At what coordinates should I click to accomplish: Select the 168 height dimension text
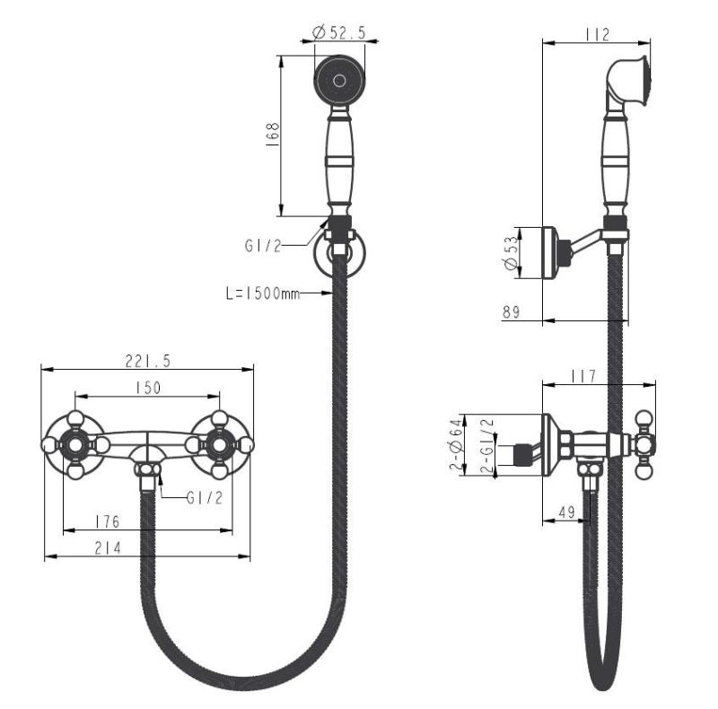pyautogui.click(x=274, y=135)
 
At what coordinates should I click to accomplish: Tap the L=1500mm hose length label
pyautogui.click(x=262, y=293)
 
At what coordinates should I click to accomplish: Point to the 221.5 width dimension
pyautogui.click(x=149, y=360)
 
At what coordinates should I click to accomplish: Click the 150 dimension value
pyautogui.click(x=147, y=388)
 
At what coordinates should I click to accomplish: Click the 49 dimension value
pyautogui.click(x=565, y=512)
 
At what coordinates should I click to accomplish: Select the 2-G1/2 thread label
pyautogui.click(x=487, y=445)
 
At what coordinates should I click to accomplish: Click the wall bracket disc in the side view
pyautogui.click(x=549, y=252)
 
